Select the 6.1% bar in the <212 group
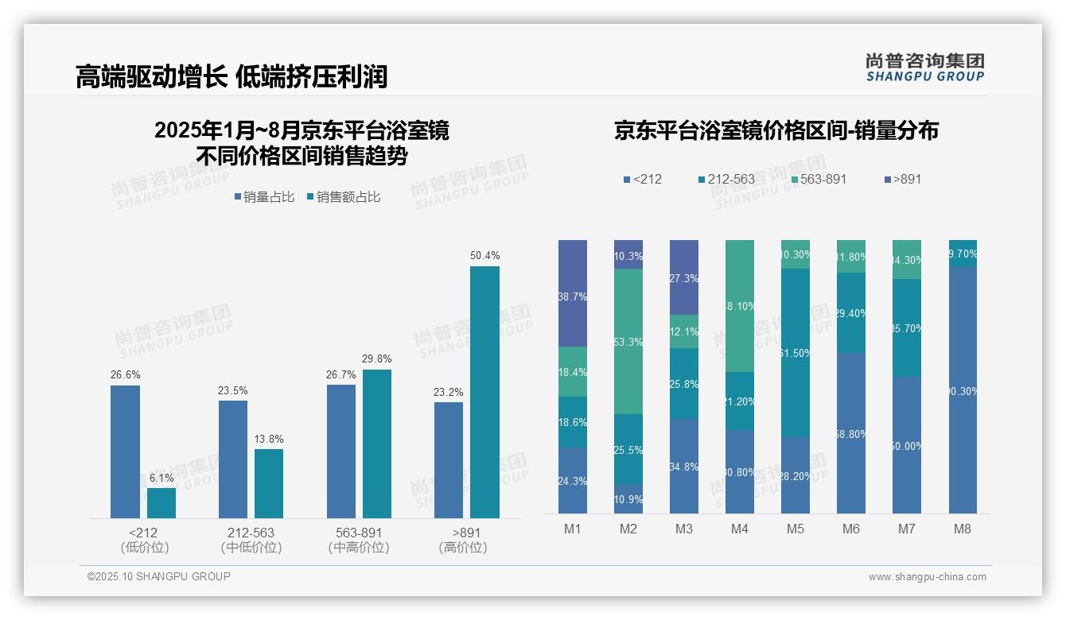(161, 503)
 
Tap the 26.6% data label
(125, 374)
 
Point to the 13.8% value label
(269, 439)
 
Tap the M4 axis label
(739, 529)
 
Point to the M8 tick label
(963, 529)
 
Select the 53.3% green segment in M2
(628, 341)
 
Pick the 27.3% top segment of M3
(684, 277)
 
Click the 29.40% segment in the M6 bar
(851, 312)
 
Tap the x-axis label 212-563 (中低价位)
(251, 540)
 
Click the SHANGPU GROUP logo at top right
(924, 68)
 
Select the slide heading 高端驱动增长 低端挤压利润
(231, 76)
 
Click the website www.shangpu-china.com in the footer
(927, 577)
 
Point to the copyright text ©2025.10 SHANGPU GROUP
(158, 576)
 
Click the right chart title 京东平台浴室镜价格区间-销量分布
(776, 131)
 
